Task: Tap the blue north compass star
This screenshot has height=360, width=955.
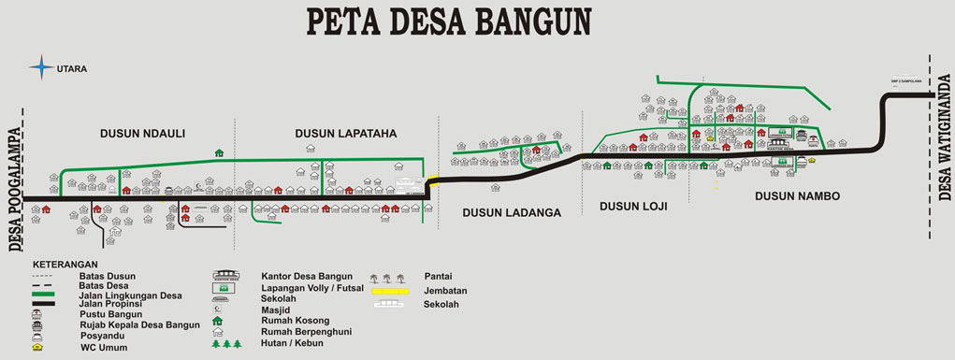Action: pyautogui.click(x=41, y=66)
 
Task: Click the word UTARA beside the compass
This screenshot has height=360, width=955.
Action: pyautogui.click(x=72, y=68)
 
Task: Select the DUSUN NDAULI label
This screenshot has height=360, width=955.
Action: pyautogui.click(x=142, y=134)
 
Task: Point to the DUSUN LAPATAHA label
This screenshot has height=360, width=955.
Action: pyautogui.click(x=345, y=134)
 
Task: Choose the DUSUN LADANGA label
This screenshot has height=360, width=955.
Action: pyautogui.click(x=511, y=212)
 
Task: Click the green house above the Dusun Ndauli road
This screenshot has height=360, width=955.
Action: pyautogui.click(x=219, y=152)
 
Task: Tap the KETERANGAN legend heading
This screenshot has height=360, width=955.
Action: pyautogui.click(x=65, y=265)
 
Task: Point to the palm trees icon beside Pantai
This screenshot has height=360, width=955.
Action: pyautogui.click(x=387, y=278)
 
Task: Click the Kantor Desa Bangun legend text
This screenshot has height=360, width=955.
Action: pyautogui.click(x=307, y=276)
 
